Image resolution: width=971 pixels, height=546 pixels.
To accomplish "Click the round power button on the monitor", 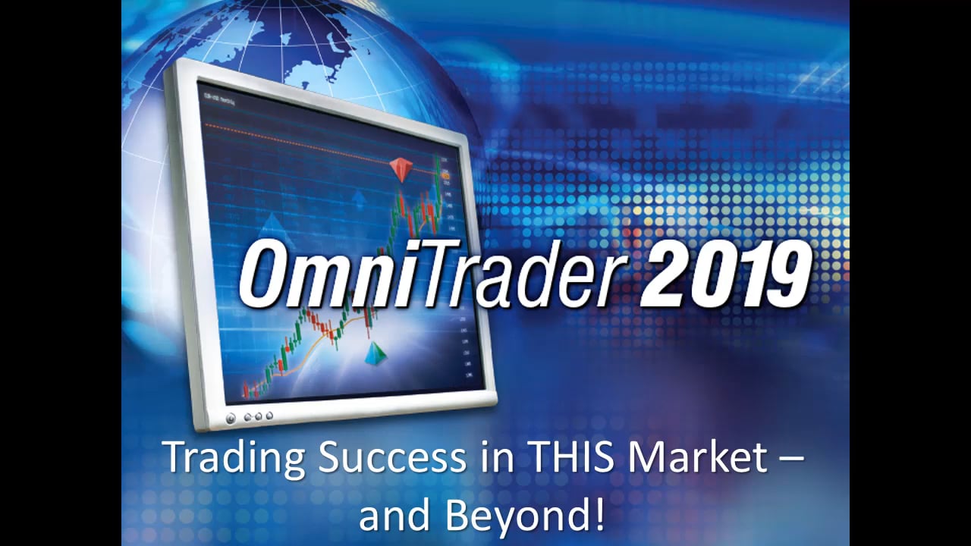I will click(x=231, y=418).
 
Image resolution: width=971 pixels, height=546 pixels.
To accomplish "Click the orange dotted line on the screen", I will click(x=303, y=136).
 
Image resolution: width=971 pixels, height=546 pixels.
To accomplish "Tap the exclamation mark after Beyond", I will click(x=599, y=515).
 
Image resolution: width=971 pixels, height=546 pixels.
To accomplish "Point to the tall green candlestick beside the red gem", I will click(x=438, y=182).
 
